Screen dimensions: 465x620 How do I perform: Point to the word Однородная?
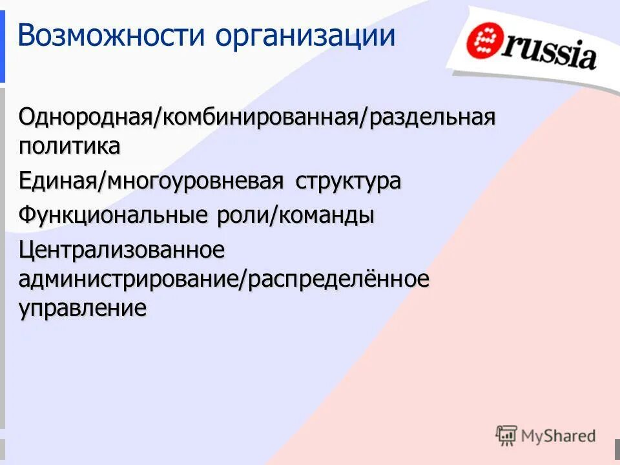click(84, 118)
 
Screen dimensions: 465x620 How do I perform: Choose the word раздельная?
click(432, 118)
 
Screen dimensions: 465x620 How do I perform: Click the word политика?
click(69, 146)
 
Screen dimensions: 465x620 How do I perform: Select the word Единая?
click(57, 181)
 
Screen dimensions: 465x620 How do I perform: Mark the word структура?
click(348, 181)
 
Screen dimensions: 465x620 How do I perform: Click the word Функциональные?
click(110, 214)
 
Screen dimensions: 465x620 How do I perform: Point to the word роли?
click(239, 214)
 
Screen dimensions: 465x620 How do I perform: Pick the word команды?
click(326, 214)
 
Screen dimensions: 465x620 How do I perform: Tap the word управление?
click(82, 308)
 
